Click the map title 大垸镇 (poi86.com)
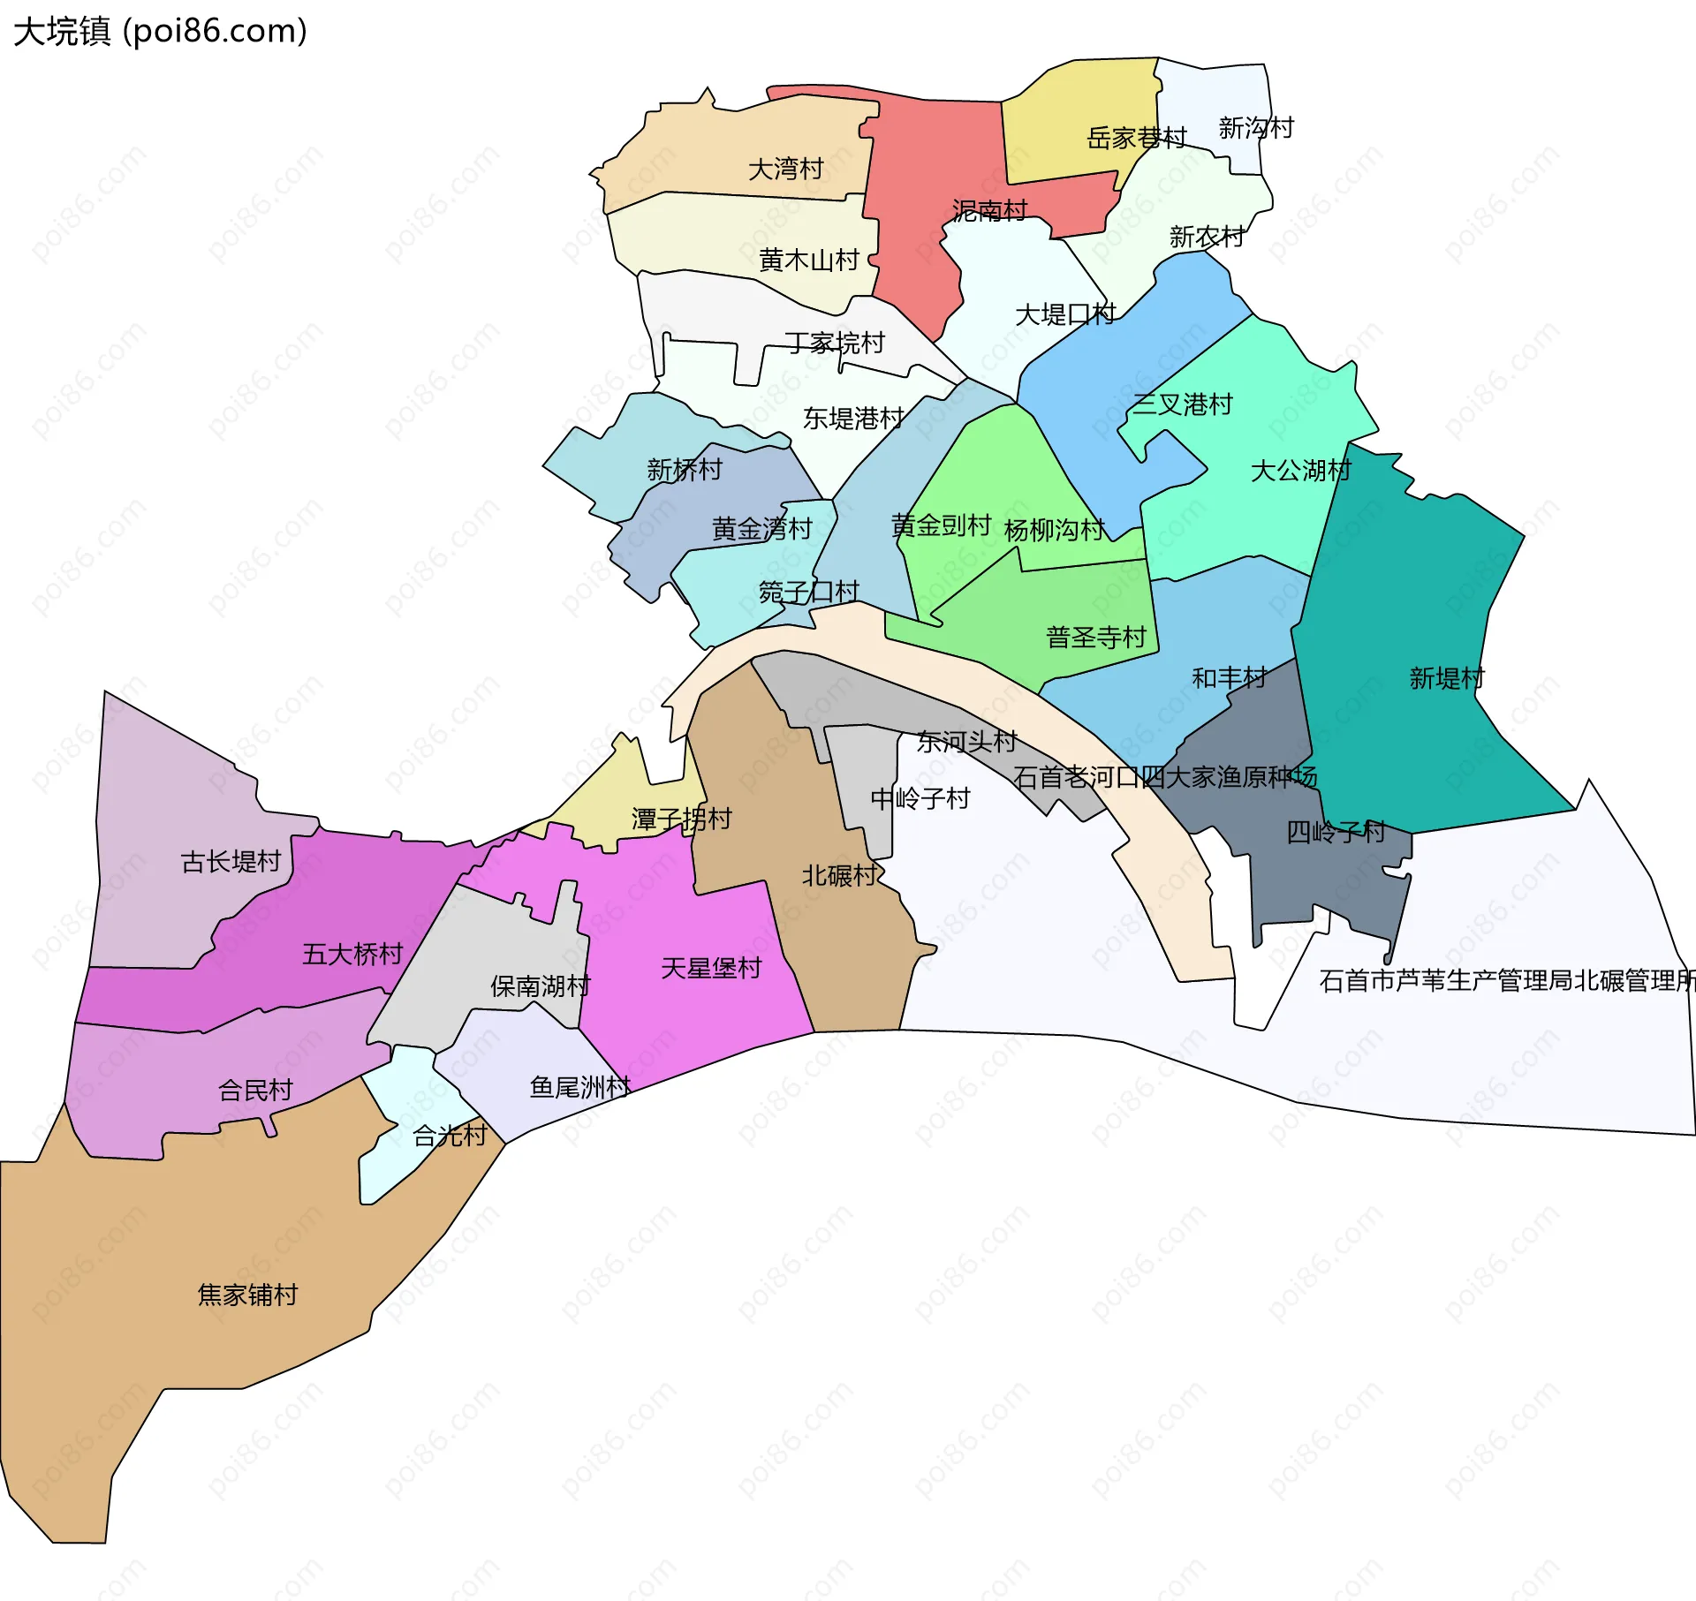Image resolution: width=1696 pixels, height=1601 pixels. [x=160, y=31]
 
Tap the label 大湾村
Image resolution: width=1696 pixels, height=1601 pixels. [x=785, y=169]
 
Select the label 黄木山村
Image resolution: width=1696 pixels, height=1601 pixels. [x=808, y=261]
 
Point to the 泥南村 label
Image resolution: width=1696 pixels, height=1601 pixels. [x=989, y=211]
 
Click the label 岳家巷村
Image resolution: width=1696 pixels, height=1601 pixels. [x=1136, y=139]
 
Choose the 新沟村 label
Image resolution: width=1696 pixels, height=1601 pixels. [x=1255, y=128]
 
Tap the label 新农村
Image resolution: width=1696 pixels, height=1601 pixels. [x=1207, y=237]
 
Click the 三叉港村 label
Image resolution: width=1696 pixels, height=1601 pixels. [x=1182, y=404]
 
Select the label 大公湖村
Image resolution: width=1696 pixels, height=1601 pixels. [x=1300, y=471]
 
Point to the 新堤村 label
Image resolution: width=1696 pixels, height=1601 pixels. [x=1446, y=678]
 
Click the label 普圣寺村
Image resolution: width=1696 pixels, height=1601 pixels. [x=1095, y=638]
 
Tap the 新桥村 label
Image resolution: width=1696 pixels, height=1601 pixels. [x=684, y=470]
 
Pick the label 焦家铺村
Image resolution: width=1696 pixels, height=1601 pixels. [x=247, y=1295]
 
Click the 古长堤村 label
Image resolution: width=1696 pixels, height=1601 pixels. [x=231, y=861]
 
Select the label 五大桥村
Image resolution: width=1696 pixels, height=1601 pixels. [x=352, y=954]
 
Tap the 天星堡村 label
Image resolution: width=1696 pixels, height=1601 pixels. [x=710, y=968]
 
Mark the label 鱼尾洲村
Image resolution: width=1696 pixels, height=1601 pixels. [x=579, y=1087]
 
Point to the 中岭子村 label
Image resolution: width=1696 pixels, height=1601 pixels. [x=920, y=798]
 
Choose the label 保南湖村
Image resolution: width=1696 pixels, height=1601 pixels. [x=540, y=986]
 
